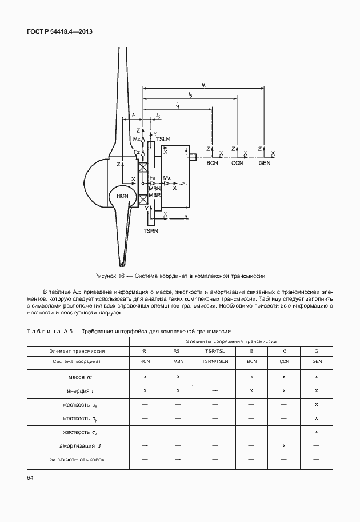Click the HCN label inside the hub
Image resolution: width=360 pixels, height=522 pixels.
(122, 196)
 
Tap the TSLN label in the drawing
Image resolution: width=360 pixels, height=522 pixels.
(163, 140)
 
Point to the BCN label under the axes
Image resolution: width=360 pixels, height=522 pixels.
(213, 163)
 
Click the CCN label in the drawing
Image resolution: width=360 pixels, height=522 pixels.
(238, 163)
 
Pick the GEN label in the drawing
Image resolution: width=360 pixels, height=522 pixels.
(265, 163)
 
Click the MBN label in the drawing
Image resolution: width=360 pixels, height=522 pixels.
(155, 188)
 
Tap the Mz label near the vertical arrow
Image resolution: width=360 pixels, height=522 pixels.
(136, 140)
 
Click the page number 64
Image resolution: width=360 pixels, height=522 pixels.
(30, 477)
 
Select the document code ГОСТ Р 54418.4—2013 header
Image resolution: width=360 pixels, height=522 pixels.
(59, 32)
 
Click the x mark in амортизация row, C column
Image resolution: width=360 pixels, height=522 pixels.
(284, 445)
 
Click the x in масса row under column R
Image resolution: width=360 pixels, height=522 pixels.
(145, 377)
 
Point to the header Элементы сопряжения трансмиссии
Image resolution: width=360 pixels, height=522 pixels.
(231, 340)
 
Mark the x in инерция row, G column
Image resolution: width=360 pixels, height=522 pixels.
(317, 390)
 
